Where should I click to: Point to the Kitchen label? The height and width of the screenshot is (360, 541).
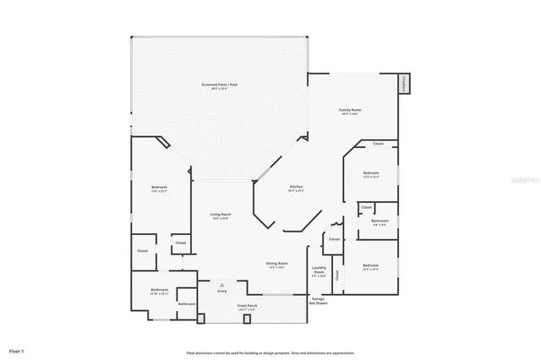(x=296, y=187)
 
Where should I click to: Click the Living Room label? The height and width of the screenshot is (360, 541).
(x=221, y=215)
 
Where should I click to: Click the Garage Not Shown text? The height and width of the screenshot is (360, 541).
(x=319, y=300)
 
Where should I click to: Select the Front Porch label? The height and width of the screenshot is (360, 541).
(x=248, y=306)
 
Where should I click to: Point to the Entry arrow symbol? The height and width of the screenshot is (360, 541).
(x=222, y=285)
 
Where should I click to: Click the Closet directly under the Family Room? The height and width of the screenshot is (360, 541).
(x=378, y=145)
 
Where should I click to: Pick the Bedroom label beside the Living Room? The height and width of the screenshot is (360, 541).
(x=160, y=187)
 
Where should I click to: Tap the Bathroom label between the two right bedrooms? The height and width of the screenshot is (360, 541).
(x=380, y=221)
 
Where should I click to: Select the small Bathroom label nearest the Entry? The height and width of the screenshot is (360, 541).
(x=187, y=303)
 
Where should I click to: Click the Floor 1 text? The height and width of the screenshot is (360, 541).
(x=16, y=350)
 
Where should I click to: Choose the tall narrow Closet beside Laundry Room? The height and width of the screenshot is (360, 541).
(x=337, y=275)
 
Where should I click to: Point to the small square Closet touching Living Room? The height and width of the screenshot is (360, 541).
(x=181, y=243)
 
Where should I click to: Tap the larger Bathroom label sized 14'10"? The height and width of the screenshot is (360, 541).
(x=160, y=290)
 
